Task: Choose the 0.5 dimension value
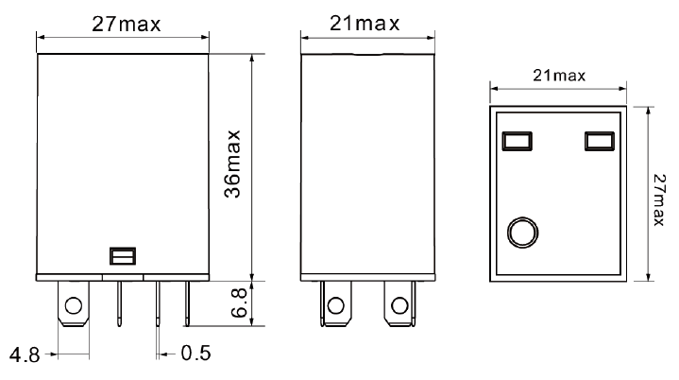(196, 354)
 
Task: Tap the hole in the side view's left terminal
(335, 305)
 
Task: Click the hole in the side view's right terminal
(399, 305)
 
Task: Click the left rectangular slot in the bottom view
(517, 141)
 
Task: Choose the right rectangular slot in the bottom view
(598, 141)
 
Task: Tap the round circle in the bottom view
(522, 231)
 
